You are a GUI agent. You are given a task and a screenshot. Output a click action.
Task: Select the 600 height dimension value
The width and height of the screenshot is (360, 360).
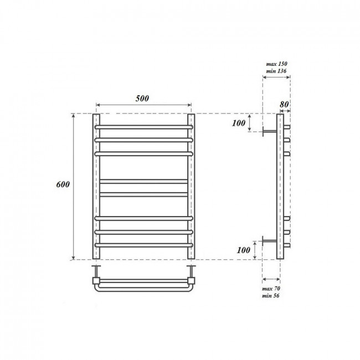62,185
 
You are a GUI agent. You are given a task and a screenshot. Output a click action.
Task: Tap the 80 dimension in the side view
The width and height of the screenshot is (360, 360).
285,103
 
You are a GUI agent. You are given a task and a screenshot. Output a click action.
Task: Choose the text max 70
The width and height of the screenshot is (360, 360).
272,289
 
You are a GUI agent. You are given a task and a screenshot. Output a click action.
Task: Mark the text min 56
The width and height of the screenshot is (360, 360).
272,295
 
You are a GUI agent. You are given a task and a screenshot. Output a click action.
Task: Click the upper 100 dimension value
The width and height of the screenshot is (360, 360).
239,122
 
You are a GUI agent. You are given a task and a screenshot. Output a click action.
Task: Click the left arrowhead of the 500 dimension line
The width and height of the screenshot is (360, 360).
98,105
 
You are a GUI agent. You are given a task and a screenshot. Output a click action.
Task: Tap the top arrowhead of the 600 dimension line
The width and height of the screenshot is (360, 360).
72,116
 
